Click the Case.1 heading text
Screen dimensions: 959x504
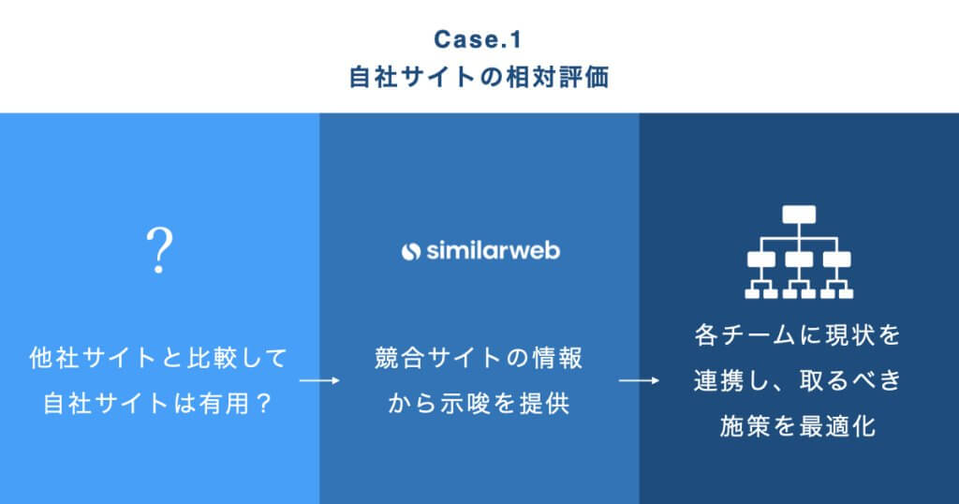478,39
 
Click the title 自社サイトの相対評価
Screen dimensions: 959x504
479,78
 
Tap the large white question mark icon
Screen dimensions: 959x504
159,250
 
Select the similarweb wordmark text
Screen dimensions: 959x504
493,250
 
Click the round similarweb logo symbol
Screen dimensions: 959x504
411,251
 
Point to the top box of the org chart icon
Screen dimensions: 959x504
799,215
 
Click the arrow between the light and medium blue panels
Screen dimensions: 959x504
319,380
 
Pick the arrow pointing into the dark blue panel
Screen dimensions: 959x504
639,380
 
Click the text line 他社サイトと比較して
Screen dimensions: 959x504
158,358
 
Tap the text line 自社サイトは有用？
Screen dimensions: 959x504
158,404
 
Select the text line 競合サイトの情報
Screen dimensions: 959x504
479,358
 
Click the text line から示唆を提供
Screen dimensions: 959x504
479,404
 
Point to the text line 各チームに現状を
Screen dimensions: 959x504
798,335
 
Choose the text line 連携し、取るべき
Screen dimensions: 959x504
798,380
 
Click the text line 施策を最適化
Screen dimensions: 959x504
798,426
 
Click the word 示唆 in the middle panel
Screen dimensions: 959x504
465,404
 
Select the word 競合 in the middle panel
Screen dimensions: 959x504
399,358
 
